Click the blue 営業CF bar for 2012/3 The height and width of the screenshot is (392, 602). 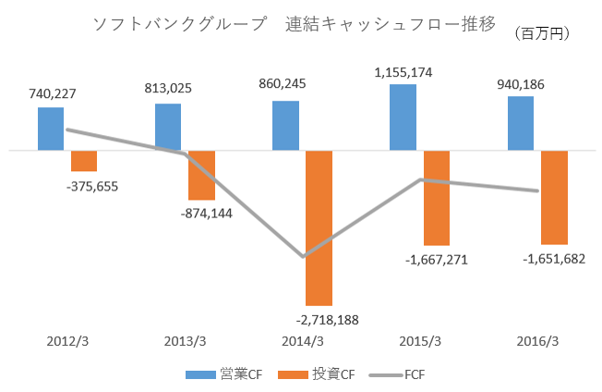(x=51, y=129)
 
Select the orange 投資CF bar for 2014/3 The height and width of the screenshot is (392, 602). (x=319, y=227)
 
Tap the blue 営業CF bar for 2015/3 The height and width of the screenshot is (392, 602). (x=403, y=116)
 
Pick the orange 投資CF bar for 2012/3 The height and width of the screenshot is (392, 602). (x=84, y=160)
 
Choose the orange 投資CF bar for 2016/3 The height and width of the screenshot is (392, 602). (x=554, y=197)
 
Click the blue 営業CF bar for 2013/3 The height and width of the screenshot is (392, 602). (x=168, y=127)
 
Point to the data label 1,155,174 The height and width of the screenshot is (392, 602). (x=403, y=72)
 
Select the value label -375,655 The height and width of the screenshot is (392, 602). (x=92, y=186)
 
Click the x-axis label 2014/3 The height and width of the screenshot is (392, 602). (x=302, y=340)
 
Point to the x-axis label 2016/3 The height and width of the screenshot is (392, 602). (x=536, y=340)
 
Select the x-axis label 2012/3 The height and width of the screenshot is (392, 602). (x=68, y=340)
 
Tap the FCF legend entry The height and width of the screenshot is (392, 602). (x=397, y=374)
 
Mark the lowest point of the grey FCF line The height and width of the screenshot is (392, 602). (x=303, y=256)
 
